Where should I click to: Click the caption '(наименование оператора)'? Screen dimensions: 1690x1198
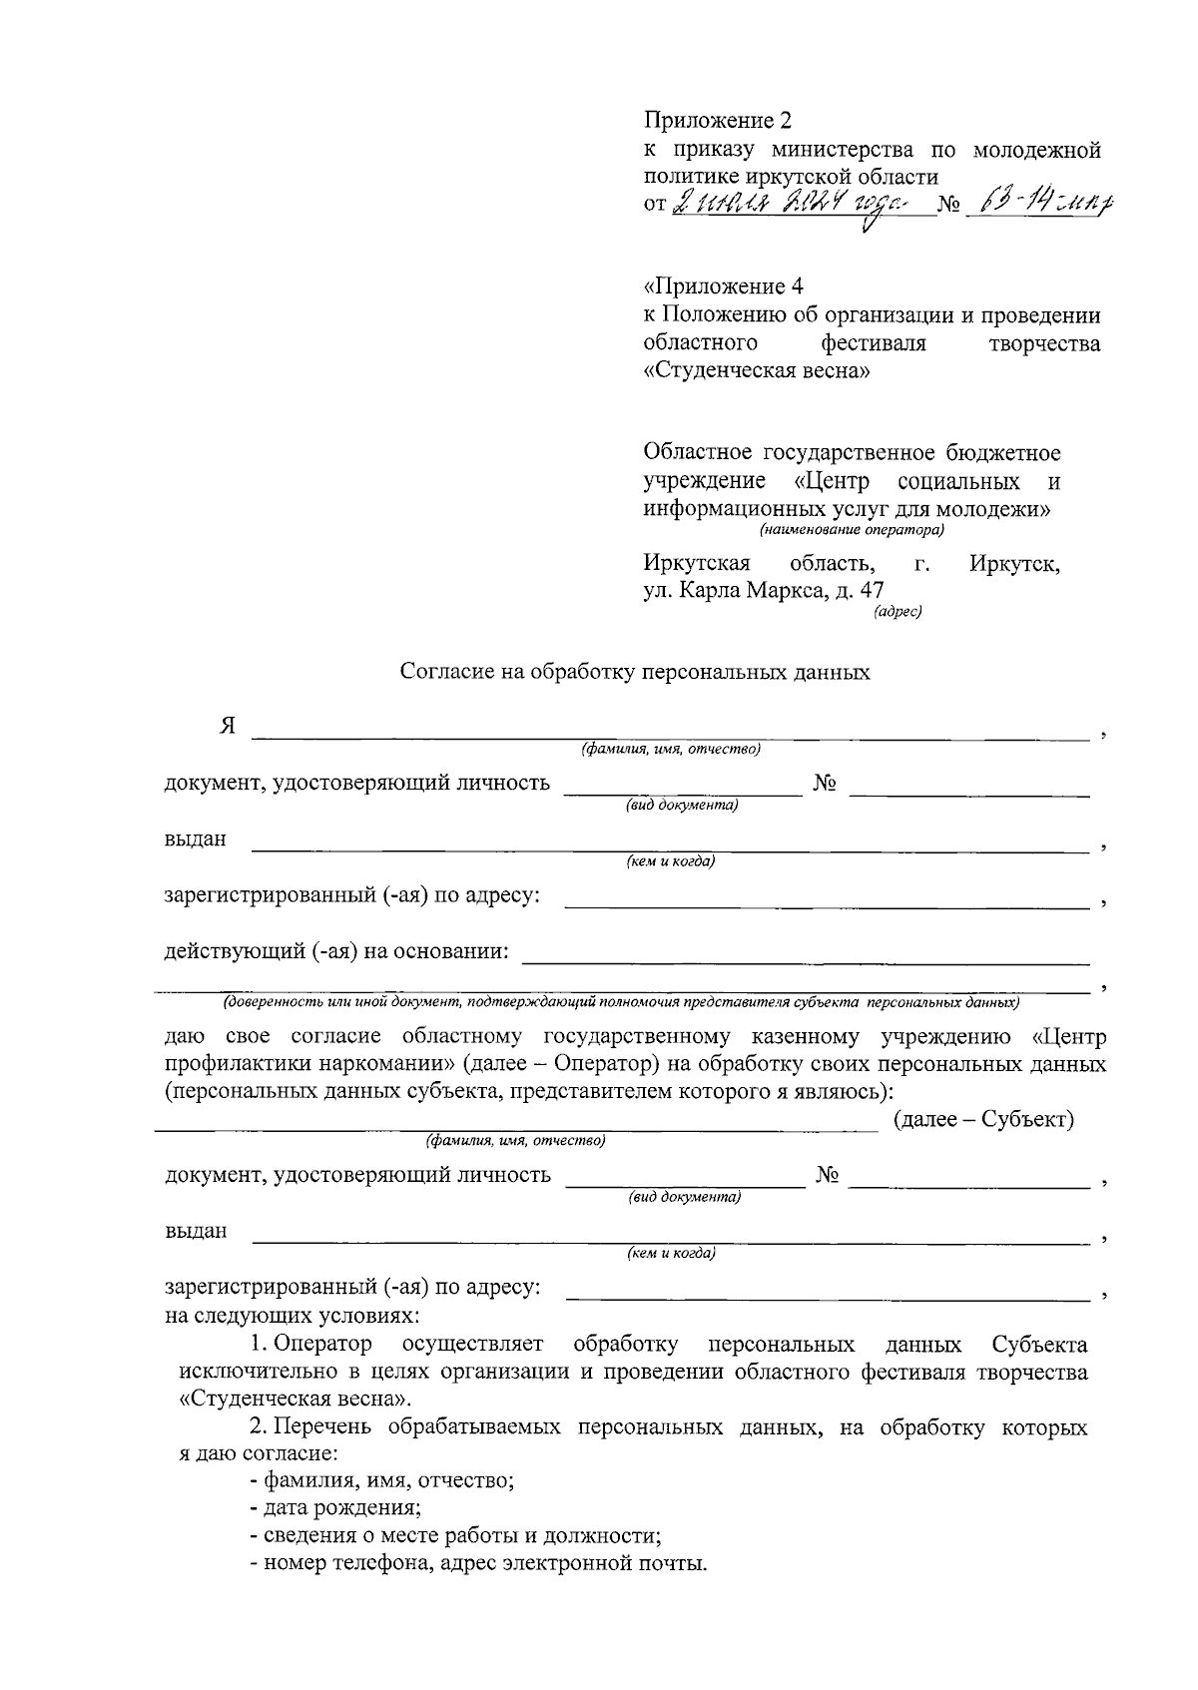[x=851, y=530]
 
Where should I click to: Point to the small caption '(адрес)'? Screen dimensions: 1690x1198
[x=897, y=612]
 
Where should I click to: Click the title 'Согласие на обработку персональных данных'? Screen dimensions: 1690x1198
[x=635, y=673]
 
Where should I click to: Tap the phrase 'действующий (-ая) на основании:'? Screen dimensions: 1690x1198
[x=336, y=951]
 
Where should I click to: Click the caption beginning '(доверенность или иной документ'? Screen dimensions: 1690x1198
[x=620, y=1001]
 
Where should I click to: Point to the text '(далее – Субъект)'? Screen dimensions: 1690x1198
[x=983, y=1120]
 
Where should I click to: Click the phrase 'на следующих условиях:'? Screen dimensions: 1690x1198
[x=292, y=1316]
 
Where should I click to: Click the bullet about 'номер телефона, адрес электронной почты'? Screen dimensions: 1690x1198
[x=478, y=1563]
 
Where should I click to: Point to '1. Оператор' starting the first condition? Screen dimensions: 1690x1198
[x=310, y=1345]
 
